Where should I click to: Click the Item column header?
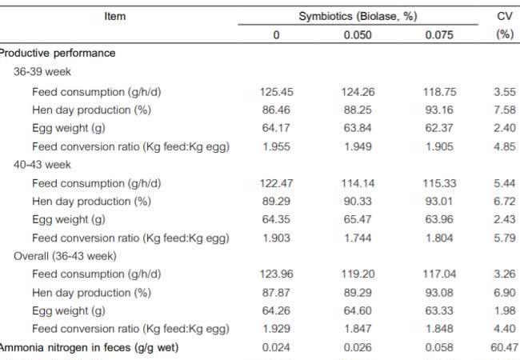115,16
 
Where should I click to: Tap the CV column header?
505,16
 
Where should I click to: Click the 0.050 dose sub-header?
358,34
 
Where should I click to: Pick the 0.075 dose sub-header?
439,34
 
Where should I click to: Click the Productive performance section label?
57,53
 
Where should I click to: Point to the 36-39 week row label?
42,71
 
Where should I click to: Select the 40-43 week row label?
42,164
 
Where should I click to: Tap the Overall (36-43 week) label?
66,256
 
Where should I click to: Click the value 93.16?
439,109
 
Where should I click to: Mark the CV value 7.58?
505,109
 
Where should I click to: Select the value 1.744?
358,238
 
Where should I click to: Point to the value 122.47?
276,182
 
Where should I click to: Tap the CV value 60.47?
505,347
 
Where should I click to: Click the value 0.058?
439,347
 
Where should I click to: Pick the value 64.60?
358,310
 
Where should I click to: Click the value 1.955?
276,146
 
